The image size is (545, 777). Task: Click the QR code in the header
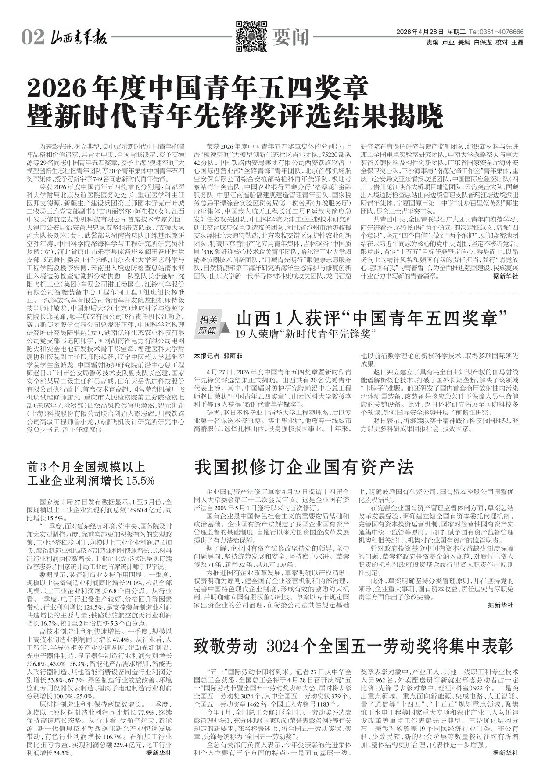pyautogui.click(x=252, y=36)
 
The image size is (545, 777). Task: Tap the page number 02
pyautogui.click(x=32, y=38)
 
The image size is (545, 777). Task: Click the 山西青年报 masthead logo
pyautogui.click(x=78, y=37)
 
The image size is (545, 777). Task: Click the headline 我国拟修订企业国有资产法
pyautogui.click(x=304, y=467)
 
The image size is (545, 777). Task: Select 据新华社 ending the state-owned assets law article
pyautogui.click(x=500, y=606)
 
